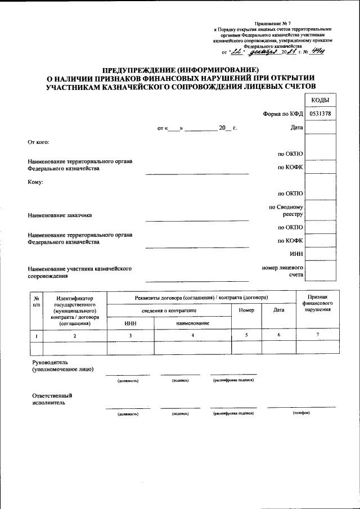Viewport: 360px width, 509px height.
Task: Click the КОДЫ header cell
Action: coord(320,100)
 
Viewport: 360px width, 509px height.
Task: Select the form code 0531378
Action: coord(320,113)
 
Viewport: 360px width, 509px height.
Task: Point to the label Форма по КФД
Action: coord(283,114)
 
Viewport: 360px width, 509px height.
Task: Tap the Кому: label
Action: coord(35,182)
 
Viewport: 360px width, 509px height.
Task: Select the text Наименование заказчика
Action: coord(60,215)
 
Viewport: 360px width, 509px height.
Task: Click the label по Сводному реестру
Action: coord(286,210)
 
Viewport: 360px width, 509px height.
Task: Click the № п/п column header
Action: coord(36,301)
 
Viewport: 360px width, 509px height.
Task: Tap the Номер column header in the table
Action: coord(246,310)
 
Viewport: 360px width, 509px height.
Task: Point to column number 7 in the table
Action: coord(317,335)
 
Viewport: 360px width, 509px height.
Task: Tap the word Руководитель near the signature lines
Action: coord(50,363)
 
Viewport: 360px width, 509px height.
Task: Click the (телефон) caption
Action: coord(301,413)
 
